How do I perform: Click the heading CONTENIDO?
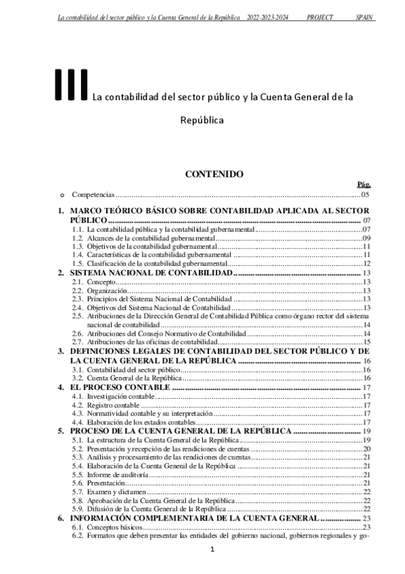tap(214, 174)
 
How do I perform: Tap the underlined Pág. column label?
tap(363, 184)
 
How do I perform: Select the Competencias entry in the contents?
tap(93, 194)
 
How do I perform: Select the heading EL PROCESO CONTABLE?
tap(120, 387)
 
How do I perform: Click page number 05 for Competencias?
tap(365, 194)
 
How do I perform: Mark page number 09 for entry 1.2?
tap(366, 238)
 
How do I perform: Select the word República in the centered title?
tap(201, 120)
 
